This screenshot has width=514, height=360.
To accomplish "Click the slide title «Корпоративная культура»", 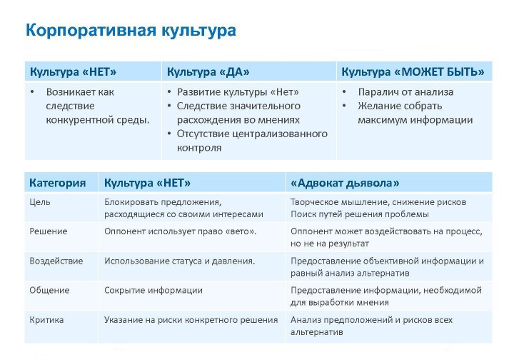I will pyautogui.click(x=131, y=31).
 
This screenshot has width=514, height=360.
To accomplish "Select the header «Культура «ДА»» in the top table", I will pyautogui.click(x=208, y=72).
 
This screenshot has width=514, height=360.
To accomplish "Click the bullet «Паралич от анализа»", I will pyautogui.click(x=405, y=92).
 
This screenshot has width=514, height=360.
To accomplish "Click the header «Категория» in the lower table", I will pyautogui.click(x=58, y=183).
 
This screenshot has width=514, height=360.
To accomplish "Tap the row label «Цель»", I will pyautogui.click(x=40, y=202).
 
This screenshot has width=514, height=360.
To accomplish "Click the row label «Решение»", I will pyautogui.click(x=49, y=231).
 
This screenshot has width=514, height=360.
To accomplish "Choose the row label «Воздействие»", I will pyautogui.click(x=56, y=261).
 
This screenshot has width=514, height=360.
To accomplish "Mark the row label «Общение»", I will pyautogui.click(x=49, y=290).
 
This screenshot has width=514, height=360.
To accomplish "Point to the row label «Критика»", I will pyautogui.click(x=46, y=319).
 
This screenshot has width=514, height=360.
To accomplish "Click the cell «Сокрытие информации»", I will pyautogui.click(x=153, y=290).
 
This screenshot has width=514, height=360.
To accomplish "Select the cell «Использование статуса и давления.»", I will pyautogui.click(x=180, y=261).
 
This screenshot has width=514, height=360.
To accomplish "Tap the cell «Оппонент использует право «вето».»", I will pyautogui.click(x=181, y=231).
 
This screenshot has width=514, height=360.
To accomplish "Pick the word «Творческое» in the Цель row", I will pyautogui.click(x=316, y=202).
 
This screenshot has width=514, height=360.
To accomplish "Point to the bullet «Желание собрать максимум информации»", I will pyautogui.click(x=415, y=113).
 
